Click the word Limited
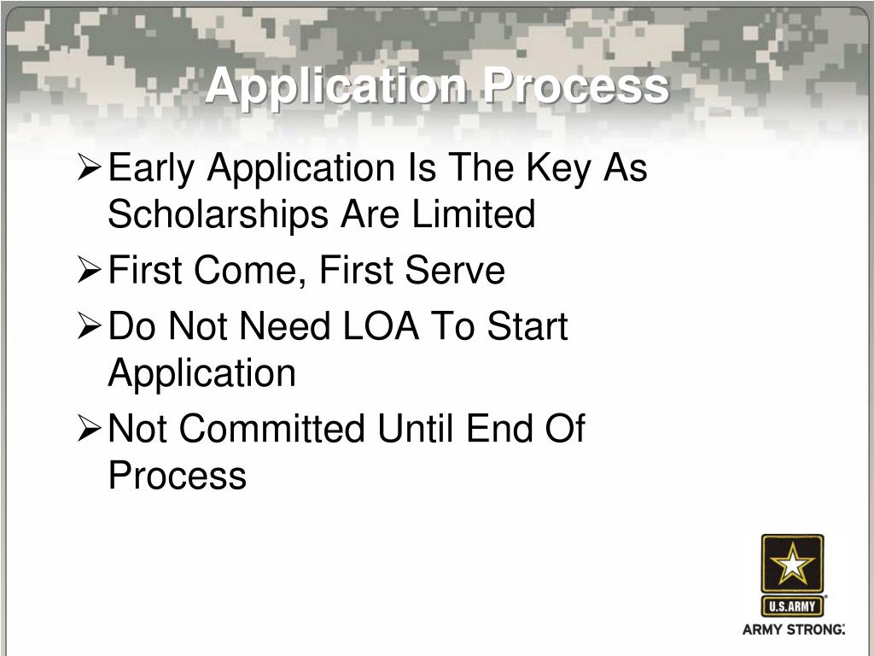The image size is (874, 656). (x=474, y=214)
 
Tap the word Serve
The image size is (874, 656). (x=455, y=272)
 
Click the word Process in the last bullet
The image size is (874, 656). (x=177, y=475)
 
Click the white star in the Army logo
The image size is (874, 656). (x=793, y=565)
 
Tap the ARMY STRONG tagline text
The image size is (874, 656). (x=793, y=630)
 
